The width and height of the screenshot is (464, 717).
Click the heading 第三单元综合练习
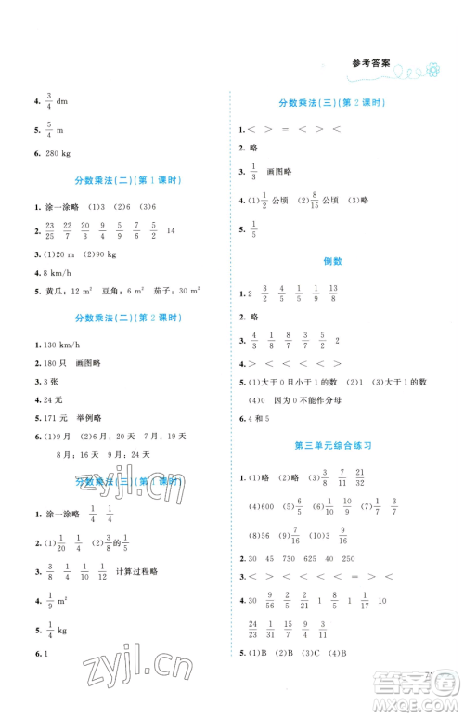tap(338, 445)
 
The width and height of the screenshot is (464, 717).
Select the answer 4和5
tap(259, 419)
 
